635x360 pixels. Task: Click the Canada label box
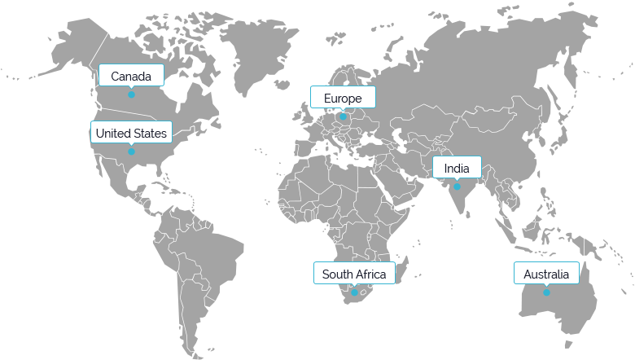[131, 76]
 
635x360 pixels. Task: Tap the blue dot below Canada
[131, 94]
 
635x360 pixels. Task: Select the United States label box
[131, 133]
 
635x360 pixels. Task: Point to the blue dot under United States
[131, 151]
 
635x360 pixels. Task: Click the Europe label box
[343, 98]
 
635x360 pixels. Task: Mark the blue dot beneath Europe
[343, 116]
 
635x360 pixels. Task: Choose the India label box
[457, 168]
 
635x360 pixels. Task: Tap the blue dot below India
[457, 187]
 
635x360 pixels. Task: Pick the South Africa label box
[354, 274]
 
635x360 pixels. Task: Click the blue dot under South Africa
[354, 292]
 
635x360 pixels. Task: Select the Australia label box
[546, 274]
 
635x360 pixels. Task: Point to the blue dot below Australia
[546, 292]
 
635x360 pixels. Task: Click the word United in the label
[112, 133]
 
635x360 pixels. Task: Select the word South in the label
[336, 274]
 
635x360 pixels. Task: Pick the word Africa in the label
[370, 274]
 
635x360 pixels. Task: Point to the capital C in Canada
[115, 77]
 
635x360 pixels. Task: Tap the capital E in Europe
[327, 99]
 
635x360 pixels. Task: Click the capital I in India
[446, 169]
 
